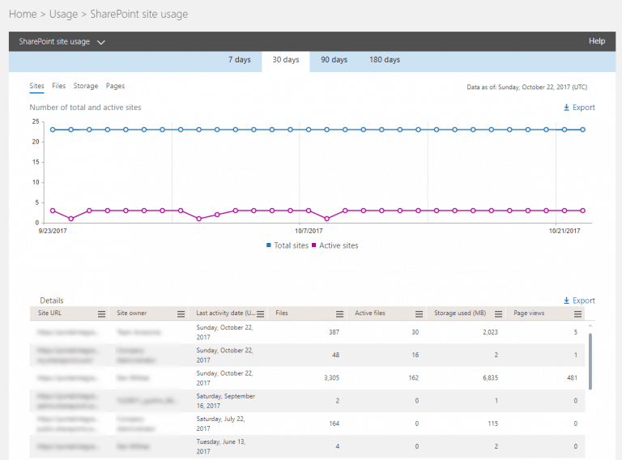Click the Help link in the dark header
click(596, 41)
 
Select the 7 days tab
click(241, 60)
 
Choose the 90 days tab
click(334, 60)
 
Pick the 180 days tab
click(385, 60)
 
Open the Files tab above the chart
click(58, 86)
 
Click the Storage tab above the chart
click(86, 86)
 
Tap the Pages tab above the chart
click(115, 86)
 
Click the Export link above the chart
click(579, 107)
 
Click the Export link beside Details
click(579, 300)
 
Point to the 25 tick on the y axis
click(36, 121)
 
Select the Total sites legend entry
click(288, 245)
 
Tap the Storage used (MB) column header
click(459, 313)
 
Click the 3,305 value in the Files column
click(326, 377)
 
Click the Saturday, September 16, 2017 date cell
click(226, 400)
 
